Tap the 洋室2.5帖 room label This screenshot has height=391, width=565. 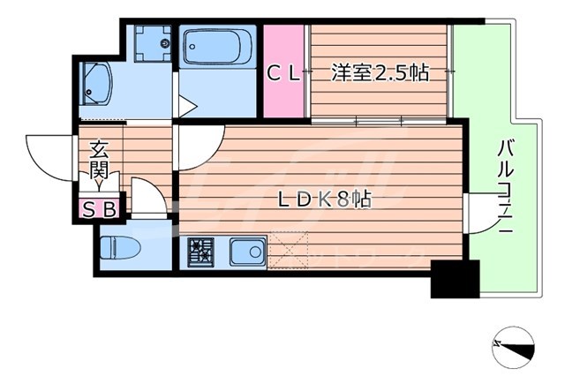[x=380, y=73]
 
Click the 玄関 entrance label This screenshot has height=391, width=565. [x=98, y=160]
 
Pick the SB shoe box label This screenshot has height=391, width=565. [x=104, y=208]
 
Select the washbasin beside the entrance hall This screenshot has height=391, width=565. [x=96, y=85]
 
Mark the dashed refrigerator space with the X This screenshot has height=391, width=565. [x=289, y=252]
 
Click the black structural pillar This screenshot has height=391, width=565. [x=454, y=280]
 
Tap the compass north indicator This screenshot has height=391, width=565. [x=515, y=346]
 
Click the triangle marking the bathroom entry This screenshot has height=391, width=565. [x=186, y=106]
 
